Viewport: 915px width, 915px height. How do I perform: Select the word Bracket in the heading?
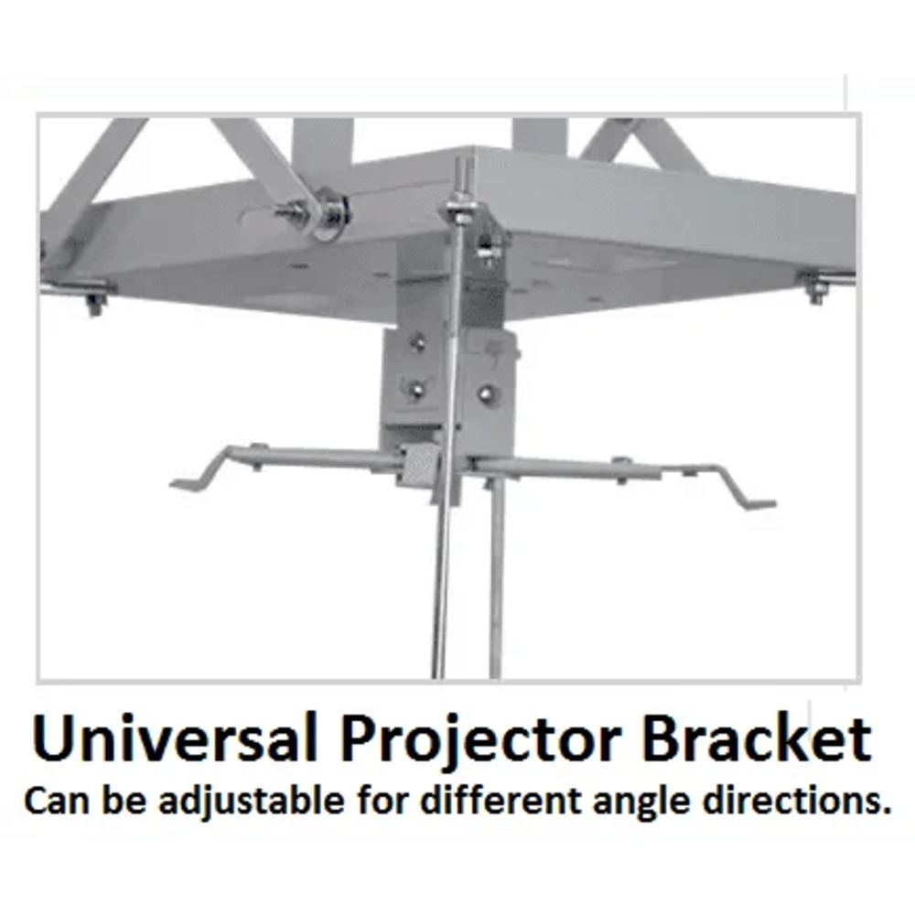click(x=756, y=739)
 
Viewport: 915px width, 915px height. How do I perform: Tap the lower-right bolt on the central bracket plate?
click(x=485, y=393)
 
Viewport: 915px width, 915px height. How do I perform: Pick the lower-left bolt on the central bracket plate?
click(x=416, y=388)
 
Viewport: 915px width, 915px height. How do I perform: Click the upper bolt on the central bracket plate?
click(x=418, y=343)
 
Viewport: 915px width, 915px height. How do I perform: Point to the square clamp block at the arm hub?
click(x=419, y=465)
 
